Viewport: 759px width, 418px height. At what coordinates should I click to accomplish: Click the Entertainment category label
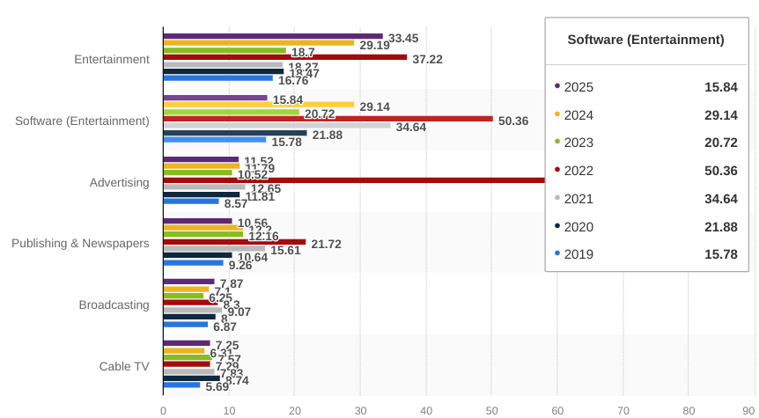(x=111, y=60)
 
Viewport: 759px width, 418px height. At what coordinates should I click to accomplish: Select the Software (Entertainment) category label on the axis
(x=82, y=121)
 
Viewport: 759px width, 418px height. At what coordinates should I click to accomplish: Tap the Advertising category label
(x=119, y=182)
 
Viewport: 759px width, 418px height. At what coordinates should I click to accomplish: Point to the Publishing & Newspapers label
(x=80, y=243)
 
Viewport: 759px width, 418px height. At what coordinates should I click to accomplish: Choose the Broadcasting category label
(x=114, y=304)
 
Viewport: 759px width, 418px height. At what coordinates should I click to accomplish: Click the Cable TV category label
(x=124, y=366)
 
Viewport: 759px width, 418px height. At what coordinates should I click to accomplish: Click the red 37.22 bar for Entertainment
(x=285, y=57)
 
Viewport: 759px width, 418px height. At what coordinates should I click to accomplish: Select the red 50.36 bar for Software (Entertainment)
(x=328, y=118)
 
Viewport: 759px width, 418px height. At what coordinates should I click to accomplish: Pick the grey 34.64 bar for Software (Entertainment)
(x=276, y=125)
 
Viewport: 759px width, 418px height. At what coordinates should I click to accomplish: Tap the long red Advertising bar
(x=352, y=180)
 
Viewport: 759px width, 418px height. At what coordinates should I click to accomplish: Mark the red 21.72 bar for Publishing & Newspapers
(x=234, y=241)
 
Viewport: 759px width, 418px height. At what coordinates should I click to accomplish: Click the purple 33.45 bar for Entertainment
(x=273, y=36)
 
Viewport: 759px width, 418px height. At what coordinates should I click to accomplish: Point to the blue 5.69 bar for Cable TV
(x=181, y=385)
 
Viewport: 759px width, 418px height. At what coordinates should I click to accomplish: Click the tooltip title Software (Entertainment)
(x=645, y=40)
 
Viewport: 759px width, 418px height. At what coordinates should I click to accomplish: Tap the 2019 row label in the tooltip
(x=578, y=254)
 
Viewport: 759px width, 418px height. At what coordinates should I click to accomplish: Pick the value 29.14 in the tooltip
(x=720, y=114)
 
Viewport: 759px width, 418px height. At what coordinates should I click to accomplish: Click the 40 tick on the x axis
(x=426, y=410)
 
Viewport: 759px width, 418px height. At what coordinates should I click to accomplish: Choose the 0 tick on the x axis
(x=163, y=410)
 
